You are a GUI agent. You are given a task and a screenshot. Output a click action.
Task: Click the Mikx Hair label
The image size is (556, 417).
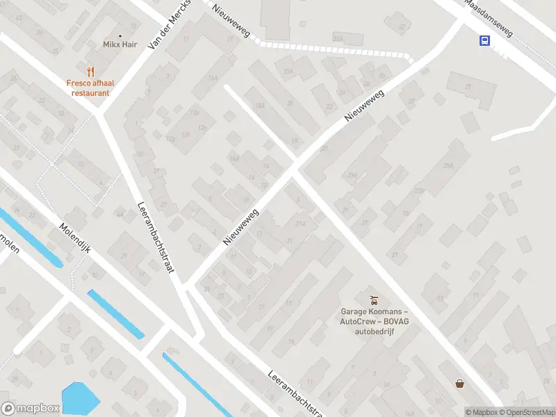[120, 44]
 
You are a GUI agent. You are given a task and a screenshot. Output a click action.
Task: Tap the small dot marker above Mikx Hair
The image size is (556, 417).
[120, 35]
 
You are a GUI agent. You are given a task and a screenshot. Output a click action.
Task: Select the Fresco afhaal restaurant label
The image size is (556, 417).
[90, 88]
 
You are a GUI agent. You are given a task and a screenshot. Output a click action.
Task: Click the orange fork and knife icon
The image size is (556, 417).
[90, 71]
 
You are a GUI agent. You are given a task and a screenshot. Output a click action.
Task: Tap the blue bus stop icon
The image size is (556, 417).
[484, 40]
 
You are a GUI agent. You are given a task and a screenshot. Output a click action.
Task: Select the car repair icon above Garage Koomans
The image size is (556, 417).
[374, 300]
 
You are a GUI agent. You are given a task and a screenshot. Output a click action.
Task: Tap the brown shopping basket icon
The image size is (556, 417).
[459, 383]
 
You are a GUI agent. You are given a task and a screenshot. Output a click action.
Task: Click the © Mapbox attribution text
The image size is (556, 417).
[481, 412]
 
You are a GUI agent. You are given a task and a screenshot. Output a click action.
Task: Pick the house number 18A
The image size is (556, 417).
[260, 106]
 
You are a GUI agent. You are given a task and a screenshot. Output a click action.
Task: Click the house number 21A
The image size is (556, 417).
[300, 224]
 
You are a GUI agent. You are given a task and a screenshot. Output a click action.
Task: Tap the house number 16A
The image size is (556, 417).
[213, 79]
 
